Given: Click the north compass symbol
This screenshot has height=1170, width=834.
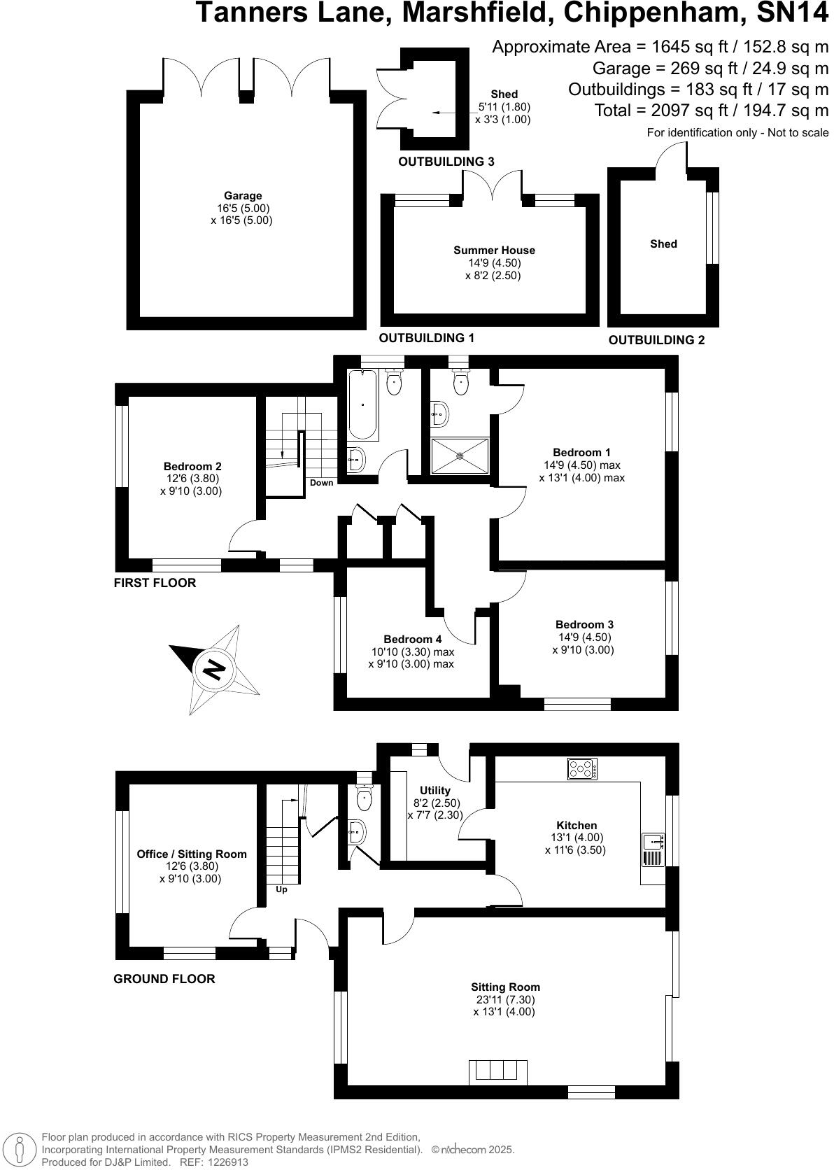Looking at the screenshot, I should pyautogui.click(x=214, y=670).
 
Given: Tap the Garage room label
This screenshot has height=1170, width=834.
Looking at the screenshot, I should pyautogui.click(x=243, y=196).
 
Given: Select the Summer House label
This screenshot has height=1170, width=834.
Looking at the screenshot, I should pyautogui.click(x=494, y=250).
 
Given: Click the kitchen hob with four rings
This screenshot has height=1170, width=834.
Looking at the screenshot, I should pyautogui.click(x=582, y=769).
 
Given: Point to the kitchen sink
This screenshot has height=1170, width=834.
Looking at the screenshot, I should pyautogui.click(x=653, y=850).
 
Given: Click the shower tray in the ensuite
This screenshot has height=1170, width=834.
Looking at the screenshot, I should pyautogui.click(x=460, y=456).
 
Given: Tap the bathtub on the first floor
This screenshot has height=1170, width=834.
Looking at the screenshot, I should pyautogui.click(x=363, y=405).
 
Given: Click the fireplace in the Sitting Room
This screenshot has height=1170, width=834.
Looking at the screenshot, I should pyautogui.click(x=497, y=1072).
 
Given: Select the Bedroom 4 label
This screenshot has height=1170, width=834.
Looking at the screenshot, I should pyautogui.click(x=412, y=639).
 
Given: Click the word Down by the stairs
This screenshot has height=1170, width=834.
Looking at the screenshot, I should pyautogui.click(x=322, y=483).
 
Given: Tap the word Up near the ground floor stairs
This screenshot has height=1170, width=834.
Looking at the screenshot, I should pyautogui.click(x=282, y=889).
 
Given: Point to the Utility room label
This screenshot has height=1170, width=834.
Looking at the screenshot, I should pyautogui.click(x=435, y=791).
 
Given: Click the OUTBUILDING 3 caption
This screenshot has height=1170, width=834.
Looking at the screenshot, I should pyautogui.click(x=446, y=162).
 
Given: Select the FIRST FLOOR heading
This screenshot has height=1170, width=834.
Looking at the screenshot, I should pyautogui.click(x=155, y=583).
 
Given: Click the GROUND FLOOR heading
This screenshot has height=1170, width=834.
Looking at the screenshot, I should pyautogui.click(x=164, y=979).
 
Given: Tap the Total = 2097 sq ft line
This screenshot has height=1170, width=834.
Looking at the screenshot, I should pyautogui.click(x=711, y=110).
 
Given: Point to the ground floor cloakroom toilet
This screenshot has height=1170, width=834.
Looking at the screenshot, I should pyautogui.click(x=365, y=797).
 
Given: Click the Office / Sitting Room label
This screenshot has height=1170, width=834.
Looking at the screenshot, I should pyautogui.click(x=192, y=854).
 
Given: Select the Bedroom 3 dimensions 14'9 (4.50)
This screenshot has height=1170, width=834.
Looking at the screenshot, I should pyautogui.click(x=584, y=637).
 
